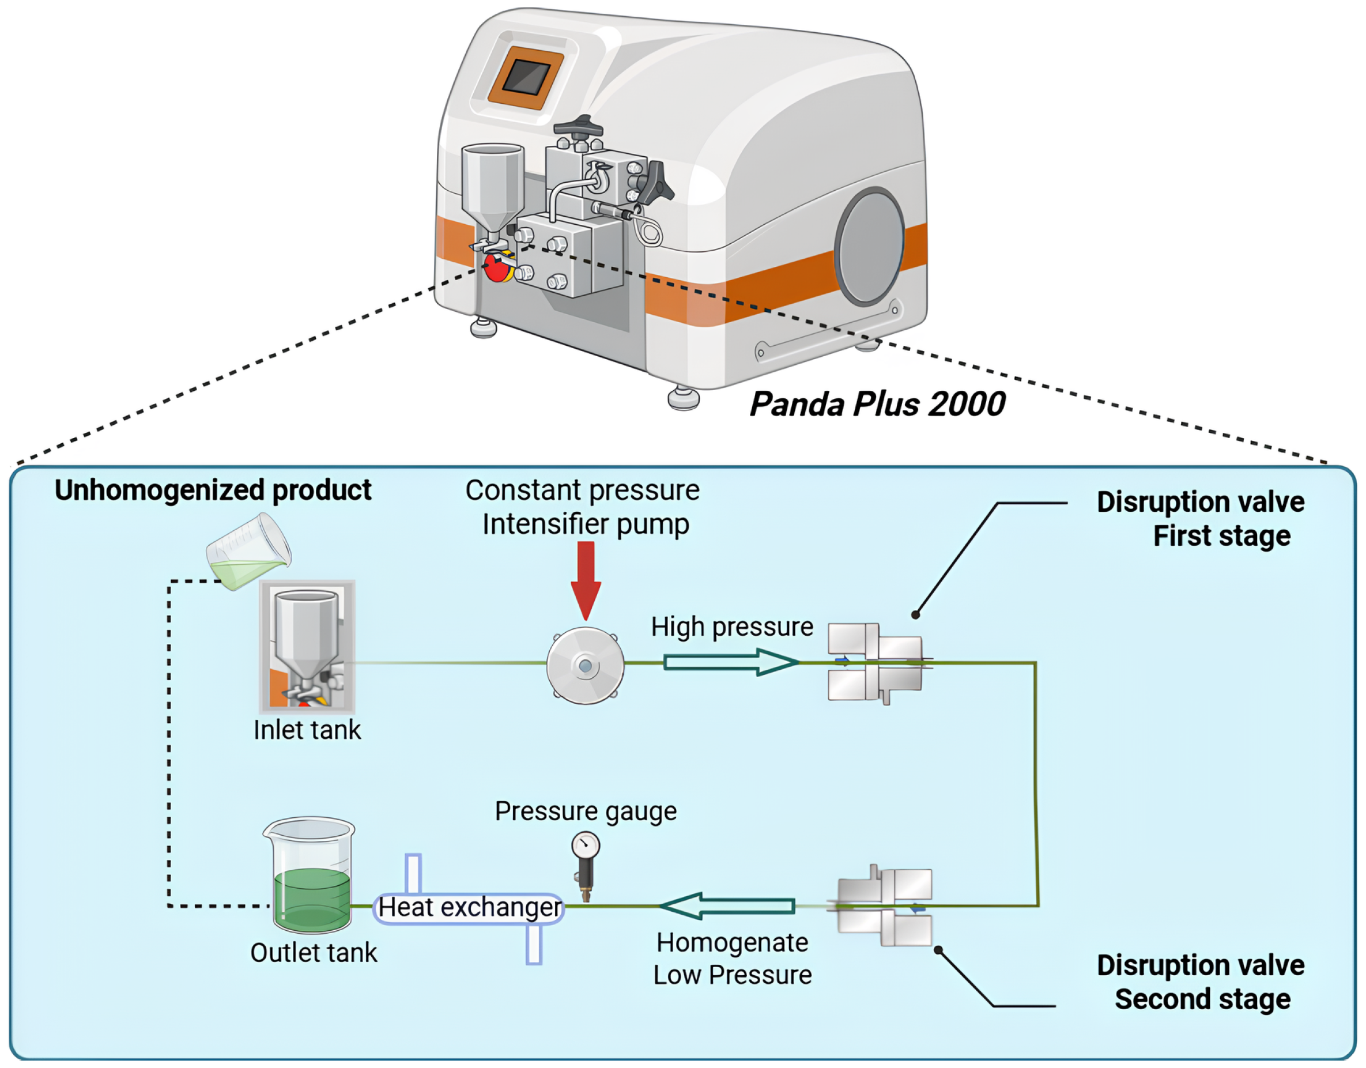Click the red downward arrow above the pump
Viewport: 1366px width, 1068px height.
586,579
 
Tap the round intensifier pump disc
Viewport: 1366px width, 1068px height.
586,666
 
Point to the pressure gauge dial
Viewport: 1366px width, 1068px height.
586,846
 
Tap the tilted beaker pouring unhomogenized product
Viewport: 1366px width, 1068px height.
249,552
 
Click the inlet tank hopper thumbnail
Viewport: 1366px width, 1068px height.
307,647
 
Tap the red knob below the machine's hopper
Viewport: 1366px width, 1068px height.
497,267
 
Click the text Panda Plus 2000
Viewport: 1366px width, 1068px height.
877,404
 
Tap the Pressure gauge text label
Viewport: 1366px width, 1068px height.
586,811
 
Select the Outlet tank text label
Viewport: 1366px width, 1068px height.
314,953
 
